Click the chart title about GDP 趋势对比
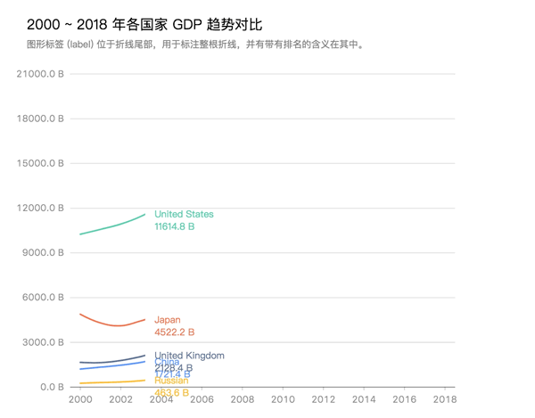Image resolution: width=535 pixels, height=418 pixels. [144, 25]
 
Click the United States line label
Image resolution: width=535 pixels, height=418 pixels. [184, 214]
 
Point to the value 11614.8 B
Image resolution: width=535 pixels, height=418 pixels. [174, 227]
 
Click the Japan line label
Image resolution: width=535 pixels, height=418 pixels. [167, 320]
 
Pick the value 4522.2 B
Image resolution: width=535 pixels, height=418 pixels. [174, 332]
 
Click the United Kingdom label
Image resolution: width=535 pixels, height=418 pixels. [189, 356]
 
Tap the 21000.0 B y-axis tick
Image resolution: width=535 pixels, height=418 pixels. [41, 74]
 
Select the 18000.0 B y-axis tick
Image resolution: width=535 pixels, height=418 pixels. [41, 119]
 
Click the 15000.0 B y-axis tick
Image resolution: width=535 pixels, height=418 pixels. [41, 163]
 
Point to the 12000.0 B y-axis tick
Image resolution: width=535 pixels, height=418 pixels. [41, 209]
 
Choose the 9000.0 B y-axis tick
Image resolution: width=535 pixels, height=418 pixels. [43, 253]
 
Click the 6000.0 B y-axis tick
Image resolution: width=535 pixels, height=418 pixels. [43, 298]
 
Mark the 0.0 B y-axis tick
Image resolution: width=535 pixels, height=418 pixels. [49, 387]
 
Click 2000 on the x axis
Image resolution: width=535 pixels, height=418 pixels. [80, 400]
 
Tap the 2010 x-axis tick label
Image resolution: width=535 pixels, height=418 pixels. [283, 400]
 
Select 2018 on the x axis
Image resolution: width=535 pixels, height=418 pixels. [445, 400]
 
